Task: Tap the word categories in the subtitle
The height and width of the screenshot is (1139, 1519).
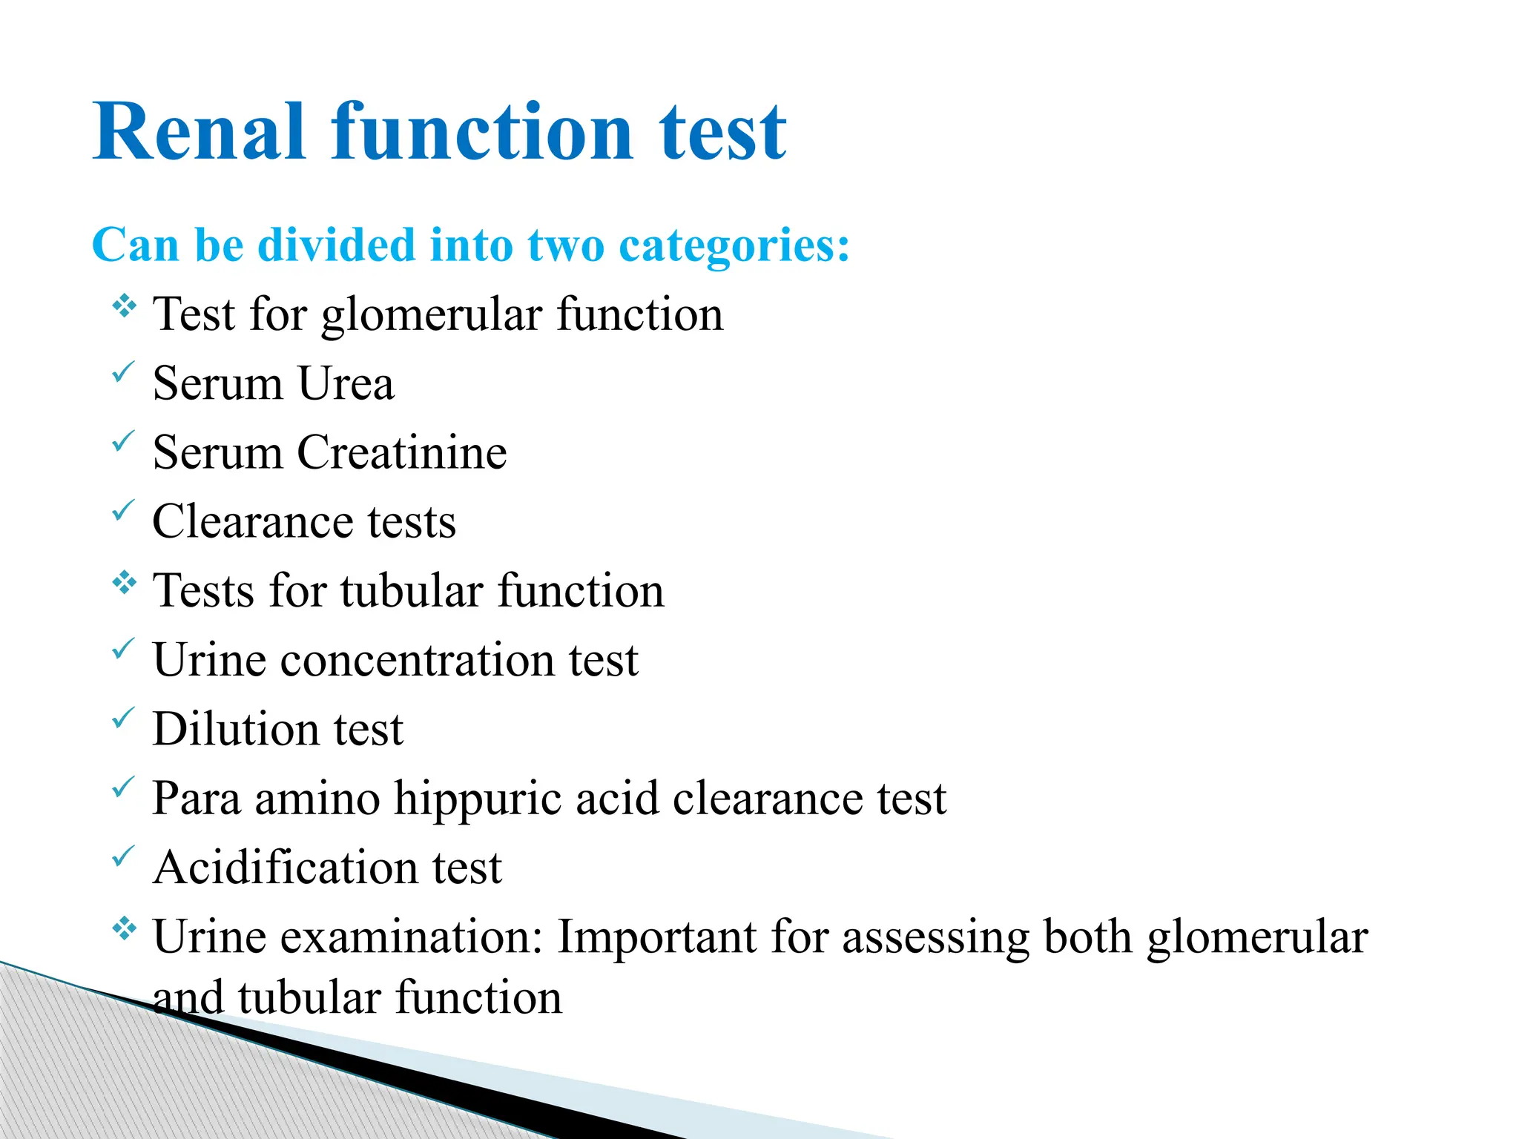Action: pos(734,246)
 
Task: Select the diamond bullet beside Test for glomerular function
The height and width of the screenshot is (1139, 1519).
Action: pos(125,306)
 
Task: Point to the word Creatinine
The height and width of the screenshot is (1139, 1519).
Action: pos(402,452)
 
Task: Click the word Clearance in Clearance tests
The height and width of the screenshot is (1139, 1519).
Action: pos(252,521)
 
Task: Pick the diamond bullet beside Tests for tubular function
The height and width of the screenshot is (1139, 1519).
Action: pos(125,583)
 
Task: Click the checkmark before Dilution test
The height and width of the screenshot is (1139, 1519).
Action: pos(123,717)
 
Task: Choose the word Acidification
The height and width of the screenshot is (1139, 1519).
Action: pos(285,868)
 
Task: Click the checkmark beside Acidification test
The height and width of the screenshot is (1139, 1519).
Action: pos(123,856)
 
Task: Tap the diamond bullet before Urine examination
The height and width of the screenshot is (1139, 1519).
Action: pos(125,928)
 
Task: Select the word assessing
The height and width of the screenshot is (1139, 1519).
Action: pos(935,938)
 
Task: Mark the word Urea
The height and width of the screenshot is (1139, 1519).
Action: pos(346,383)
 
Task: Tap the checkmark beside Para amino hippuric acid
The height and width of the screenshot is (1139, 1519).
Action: pos(123,787)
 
